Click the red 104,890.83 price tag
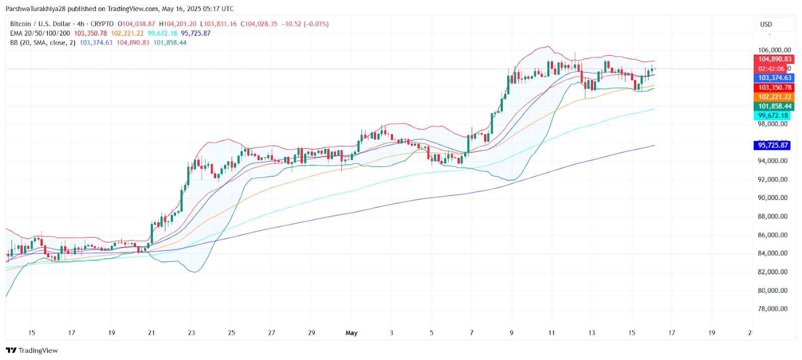click(x=774, y=59)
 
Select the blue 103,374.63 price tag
click(x=774, y=78)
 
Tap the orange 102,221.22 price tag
click(x=774, y=97)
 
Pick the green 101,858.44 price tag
click(x=774, y=106)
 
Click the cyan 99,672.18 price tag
click(x=772, y=115)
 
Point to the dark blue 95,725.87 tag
click(x=772, y=145)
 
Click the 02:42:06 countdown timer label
click(x=771, y=69)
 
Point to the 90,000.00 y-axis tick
click(x=772, y=198)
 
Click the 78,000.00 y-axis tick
click(x=772, y=309)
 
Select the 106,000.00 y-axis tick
click(x=774, y=50)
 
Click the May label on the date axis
click(x=351, y=332)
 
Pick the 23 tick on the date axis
click(x=191, y=332)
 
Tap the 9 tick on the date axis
click(x=511, y=332)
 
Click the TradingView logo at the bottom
click(x=32, y=350)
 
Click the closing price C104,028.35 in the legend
click(x=259, y=24)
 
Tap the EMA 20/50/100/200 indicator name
click(x=40, y=33)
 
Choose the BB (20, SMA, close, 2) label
click(x=43, y=43)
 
